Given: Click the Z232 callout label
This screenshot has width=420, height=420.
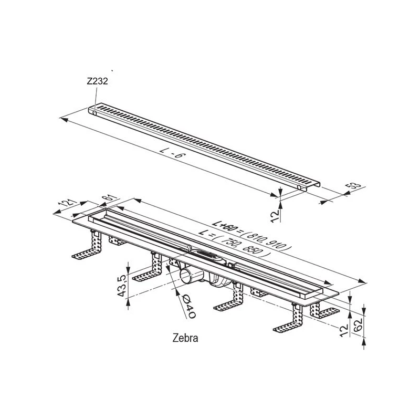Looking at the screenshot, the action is (97, 81).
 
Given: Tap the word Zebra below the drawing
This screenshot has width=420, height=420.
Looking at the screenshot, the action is (185, 338).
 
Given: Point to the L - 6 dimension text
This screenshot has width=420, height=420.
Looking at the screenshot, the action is (172, 155).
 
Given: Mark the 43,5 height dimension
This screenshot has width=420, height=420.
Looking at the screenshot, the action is (122, 286).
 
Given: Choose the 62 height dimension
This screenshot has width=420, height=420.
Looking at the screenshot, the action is (358, 324).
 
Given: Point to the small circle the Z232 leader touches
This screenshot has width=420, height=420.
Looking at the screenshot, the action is (95, 113).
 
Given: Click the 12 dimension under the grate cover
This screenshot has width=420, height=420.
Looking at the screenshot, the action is (274, 216).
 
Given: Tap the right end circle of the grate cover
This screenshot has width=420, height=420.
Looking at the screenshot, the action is (299, 187).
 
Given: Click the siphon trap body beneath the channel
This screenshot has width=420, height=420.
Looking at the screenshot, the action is (218, 281).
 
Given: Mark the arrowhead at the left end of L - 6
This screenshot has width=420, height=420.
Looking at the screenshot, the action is (64, 119).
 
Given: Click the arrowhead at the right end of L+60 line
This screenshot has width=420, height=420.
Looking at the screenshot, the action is (363, 281).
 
